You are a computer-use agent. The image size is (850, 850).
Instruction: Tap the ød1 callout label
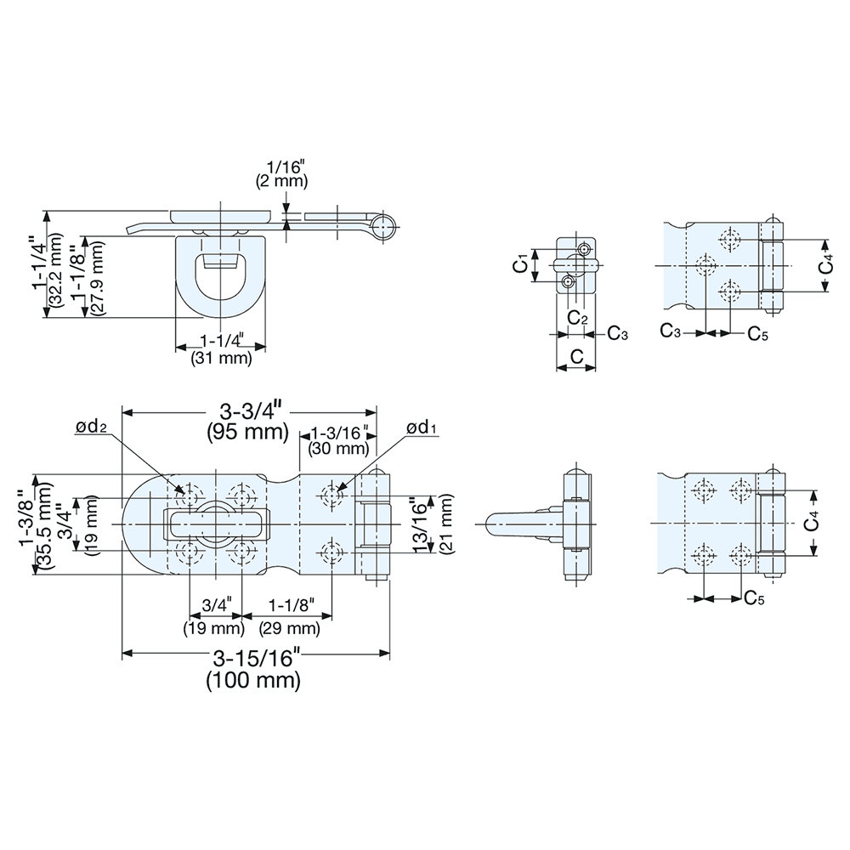[422, 428]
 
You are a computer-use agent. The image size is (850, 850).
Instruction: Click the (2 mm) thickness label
[280, 181]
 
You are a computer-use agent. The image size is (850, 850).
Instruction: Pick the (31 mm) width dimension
[223, 359]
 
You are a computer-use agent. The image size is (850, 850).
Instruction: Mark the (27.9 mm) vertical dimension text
[97, 279]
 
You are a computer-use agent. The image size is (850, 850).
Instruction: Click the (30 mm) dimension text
[339, 448]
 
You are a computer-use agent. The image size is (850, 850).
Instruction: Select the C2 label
[577, 318]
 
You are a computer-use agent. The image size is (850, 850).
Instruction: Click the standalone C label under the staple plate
[575, 357]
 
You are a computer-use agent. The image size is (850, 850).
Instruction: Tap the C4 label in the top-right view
[824, 265]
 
